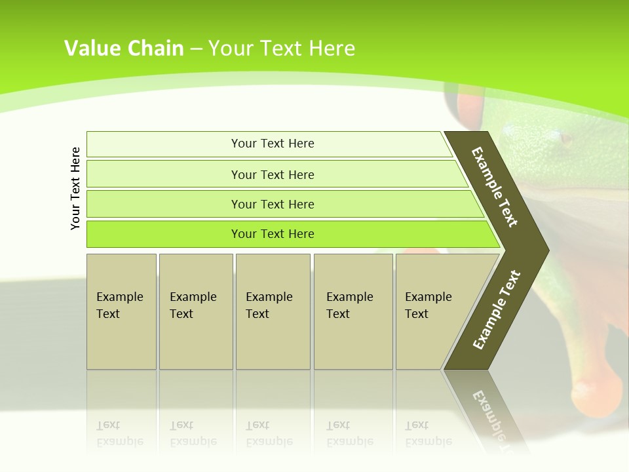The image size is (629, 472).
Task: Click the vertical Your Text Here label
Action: tap(75, 188)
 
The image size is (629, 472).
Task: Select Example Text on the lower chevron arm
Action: tap(497, 309)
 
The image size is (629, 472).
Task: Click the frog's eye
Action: tap(565, 138)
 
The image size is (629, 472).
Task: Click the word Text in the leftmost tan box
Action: tap(108, 314)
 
